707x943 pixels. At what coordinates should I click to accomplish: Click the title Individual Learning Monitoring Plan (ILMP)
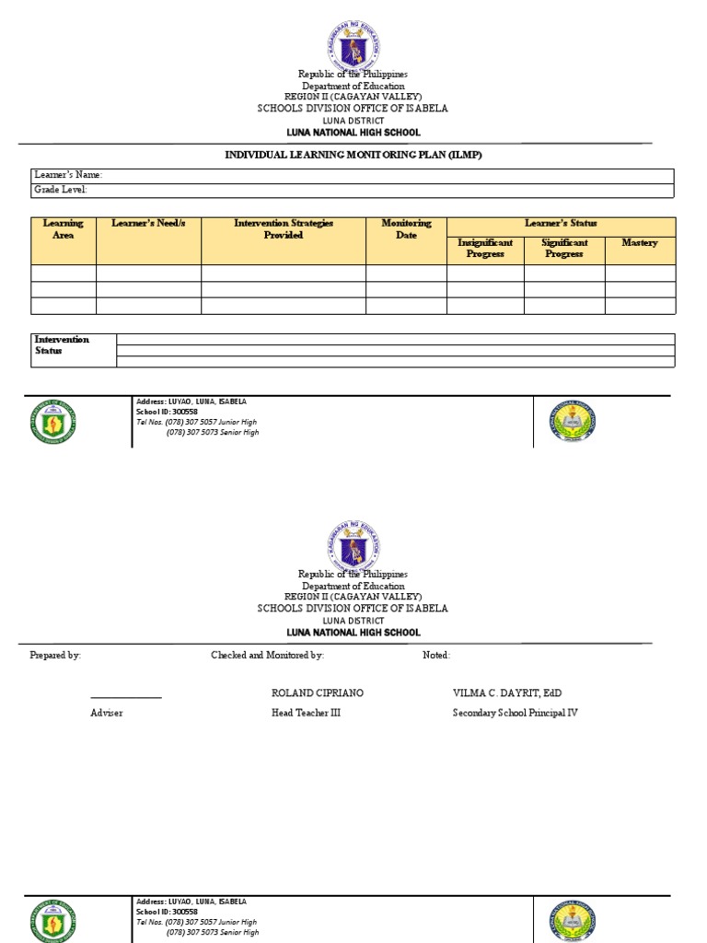[x=353, y=155]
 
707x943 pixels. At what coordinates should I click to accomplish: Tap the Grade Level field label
[x=61, y=190]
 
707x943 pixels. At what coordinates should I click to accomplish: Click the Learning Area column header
[x=64, y=229]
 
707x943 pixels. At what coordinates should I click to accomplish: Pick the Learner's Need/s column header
[x=148, y=224]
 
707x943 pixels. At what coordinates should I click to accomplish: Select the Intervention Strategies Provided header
[x=284, y=229]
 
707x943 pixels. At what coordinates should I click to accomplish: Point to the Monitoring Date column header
[x=406, y=229]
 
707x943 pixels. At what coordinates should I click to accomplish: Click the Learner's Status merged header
[x=561, y=224]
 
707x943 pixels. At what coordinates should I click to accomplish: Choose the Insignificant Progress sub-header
[x=485, y=249]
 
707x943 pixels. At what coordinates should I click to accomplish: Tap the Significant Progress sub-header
[x=564, y=249]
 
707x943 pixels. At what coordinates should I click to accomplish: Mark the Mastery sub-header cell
[x=640, y=243]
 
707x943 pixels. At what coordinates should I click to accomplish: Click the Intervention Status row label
[x=63, y=345]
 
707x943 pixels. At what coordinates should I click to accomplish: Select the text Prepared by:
[x=55, y=656]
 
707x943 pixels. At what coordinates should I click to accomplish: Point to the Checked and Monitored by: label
[x=267, y=656]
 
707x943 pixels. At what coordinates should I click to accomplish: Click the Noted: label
[x=436, y=656]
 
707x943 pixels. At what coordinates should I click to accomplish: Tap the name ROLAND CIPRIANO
[x=310, y=693]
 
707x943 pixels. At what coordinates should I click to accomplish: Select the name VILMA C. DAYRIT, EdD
[x=506, y=693]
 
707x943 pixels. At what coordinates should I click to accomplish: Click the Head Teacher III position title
[x=306, y=713]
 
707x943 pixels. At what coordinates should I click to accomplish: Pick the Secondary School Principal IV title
[x=516, y=713]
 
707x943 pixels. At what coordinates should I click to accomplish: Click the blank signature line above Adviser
[x=126, y=698]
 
